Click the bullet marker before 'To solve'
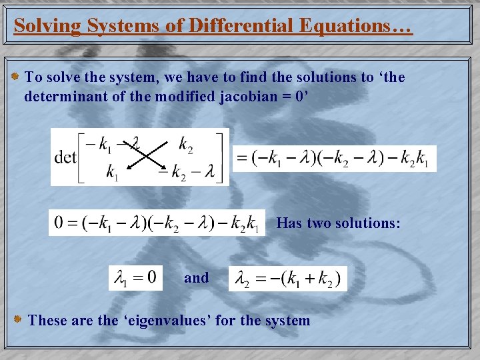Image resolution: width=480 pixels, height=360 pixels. coord(16,77)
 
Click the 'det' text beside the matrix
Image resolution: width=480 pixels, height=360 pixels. coord(65,157)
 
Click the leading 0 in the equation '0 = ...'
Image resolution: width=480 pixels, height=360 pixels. coord(59,223)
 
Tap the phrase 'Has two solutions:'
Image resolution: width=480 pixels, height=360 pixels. coord(338,223)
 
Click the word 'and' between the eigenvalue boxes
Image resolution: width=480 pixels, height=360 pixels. coord(196,278)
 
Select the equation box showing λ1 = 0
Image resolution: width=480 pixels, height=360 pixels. coord(135,277)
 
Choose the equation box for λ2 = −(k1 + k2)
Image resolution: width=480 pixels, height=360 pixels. coord(288,278)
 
